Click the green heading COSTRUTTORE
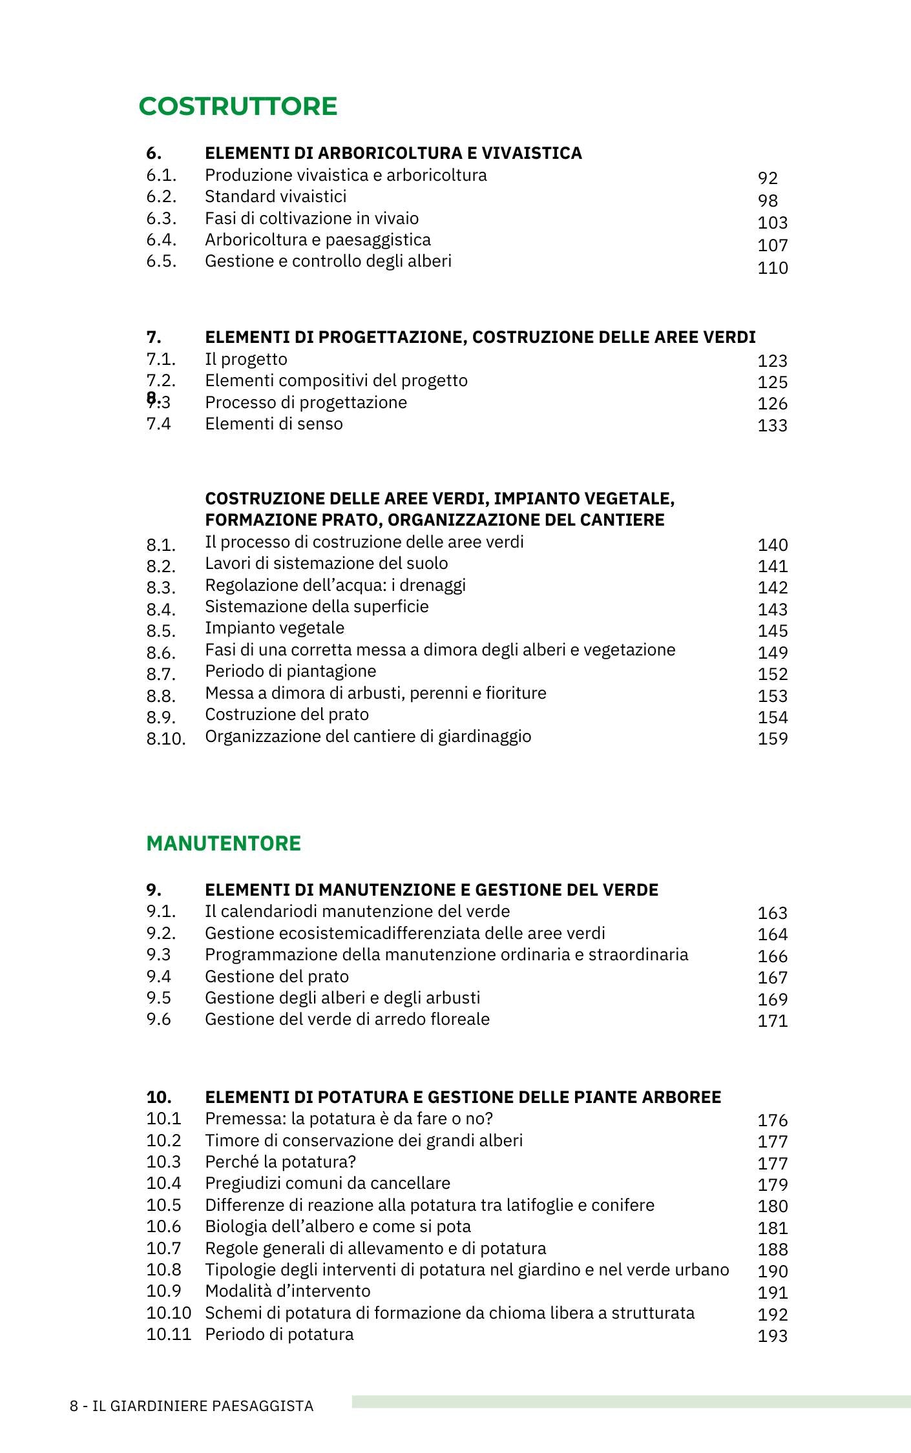(x=238, y=107)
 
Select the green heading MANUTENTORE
(x=224, y=843)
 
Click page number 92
(x=768, y=178)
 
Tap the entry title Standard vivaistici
(x=275, y=196)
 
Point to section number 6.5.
(x=161, y=261)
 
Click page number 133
(x=772, y=425)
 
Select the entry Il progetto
(x=246, y=359)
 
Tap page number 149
(x=772, y=652)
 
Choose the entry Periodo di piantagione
(x=290, y=671)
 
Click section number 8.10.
(x=165, y=738)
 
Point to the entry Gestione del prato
(x=277, y=976)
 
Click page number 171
(x=772, y=1020)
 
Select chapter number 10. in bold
(x=159, y=1097)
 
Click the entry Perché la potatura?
(x=280, y=1162)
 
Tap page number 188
(x=772, y=1249)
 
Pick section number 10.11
(x=169, y=1334)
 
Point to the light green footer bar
(x=631, y=1401)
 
